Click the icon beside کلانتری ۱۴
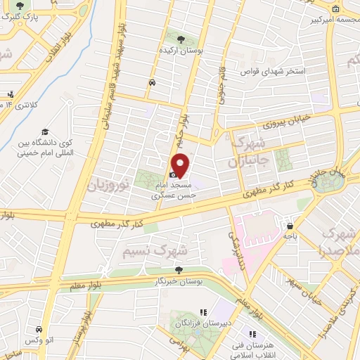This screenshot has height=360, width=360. coord(10,94)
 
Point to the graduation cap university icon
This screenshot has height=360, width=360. coord(44,131)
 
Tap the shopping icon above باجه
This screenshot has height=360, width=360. coord(290,226)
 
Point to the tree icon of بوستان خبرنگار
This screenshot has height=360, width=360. coord(179,269)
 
